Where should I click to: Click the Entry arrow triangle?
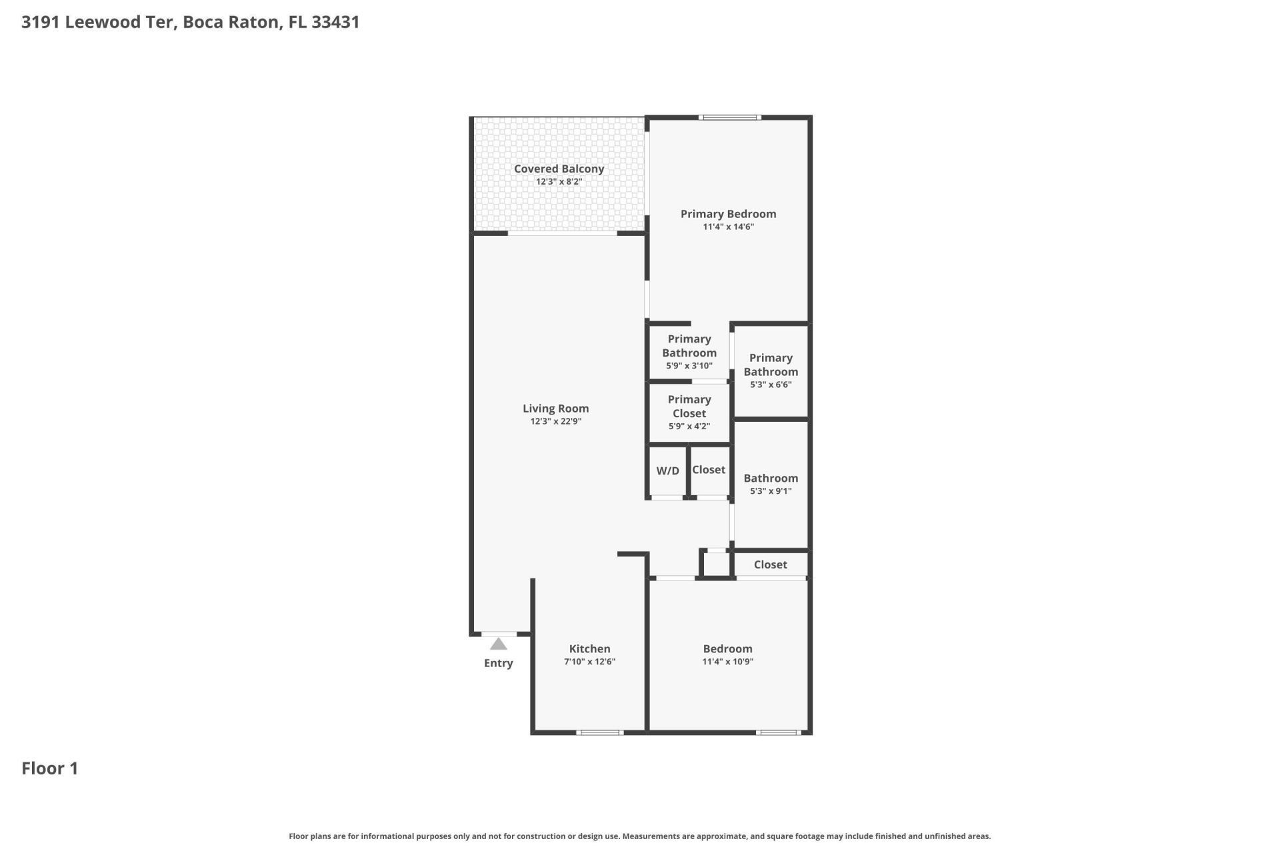(x=499, y=644)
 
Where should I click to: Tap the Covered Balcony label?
(x=559, y=169)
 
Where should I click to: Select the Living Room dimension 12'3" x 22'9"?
(x=555, y=421)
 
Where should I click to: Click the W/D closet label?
(x=667, y=470)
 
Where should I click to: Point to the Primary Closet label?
(x=689, y=406)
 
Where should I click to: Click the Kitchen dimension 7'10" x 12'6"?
(x=589, y=662)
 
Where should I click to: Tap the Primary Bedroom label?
(x=728, y=214)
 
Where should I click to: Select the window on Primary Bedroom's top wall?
(x=729, y=118)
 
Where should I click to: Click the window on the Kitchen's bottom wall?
(x=599, y=732)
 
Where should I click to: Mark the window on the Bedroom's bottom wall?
(x=778, y=732)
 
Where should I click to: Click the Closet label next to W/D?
(x=708, y=470)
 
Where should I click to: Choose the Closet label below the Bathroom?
(x=770, y=564)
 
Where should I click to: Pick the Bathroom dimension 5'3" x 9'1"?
(x=770, y=491)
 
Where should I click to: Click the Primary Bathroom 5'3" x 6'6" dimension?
(x=770, y=385)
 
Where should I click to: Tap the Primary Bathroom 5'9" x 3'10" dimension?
(x=689, y=366)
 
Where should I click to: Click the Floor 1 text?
(x=50, y=768)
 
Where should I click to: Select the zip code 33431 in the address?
(x=335, y=22)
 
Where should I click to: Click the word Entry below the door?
(x=498, y=663)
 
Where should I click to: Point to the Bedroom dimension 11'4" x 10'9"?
(x=727, y=662)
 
